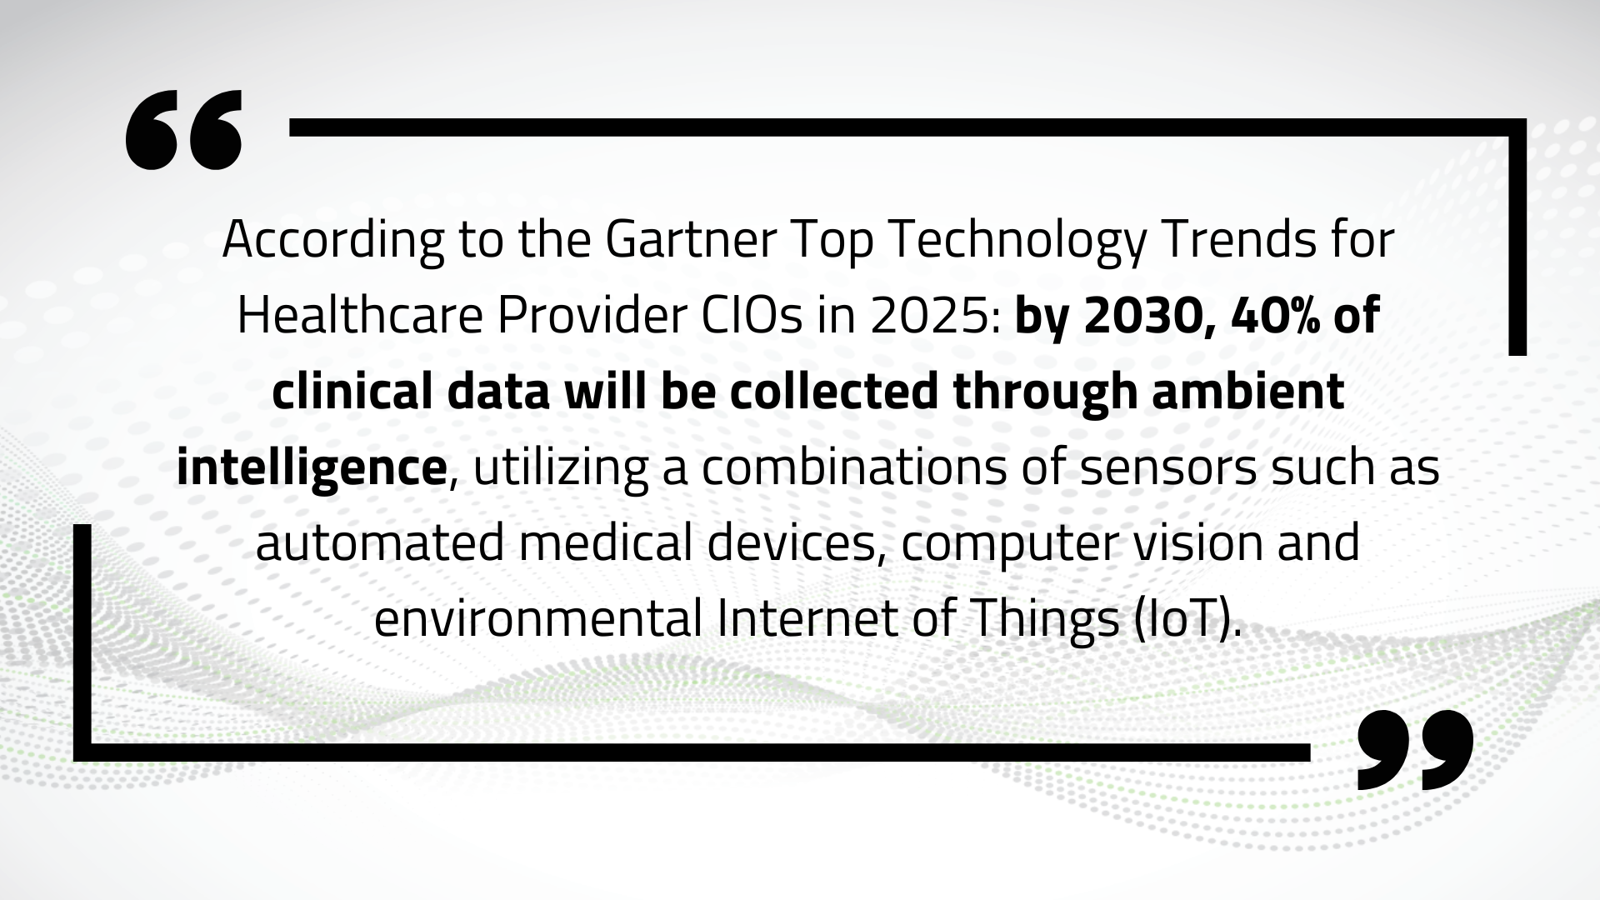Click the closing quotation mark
click(1415, 750)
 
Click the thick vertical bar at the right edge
click(1517, 237)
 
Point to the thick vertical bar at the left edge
click(82, 642)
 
